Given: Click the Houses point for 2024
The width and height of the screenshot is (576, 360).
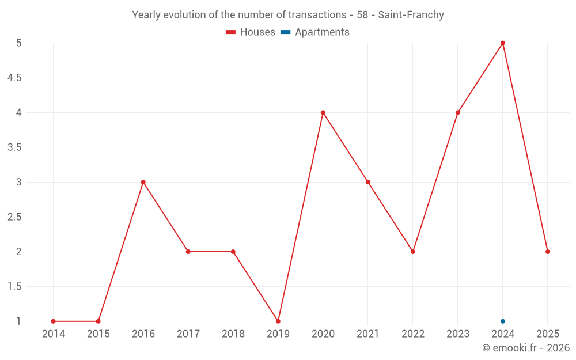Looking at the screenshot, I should pos(503,43).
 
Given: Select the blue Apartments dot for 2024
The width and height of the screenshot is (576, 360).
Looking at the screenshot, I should pos(503,321).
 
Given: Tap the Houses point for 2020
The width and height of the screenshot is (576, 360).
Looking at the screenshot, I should pos(323,112).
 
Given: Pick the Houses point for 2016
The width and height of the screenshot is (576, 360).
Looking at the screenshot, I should pos(143,182).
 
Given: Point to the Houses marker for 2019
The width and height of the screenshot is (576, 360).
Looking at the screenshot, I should pos(278,321).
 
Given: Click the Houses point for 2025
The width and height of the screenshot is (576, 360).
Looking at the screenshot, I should pos(548,252).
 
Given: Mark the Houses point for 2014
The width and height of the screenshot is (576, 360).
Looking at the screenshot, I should pos(54,321).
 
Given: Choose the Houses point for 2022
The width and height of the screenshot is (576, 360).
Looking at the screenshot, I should pos(413,252).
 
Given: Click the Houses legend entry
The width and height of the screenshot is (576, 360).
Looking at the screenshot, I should pos(251,32).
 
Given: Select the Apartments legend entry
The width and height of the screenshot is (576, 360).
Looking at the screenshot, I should pos(315,32).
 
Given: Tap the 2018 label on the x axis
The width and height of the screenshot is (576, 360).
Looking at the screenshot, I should pos(233,334).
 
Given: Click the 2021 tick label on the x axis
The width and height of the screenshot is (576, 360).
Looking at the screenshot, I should pos(368,334).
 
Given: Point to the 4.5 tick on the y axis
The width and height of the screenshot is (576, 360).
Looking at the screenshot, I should pos(14,78).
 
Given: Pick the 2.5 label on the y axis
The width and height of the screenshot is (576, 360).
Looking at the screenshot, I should pos(14,217).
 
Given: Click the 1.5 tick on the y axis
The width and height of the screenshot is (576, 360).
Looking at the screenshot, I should pos(14,287).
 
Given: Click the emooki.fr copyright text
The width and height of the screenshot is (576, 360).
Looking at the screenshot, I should pos(526,348).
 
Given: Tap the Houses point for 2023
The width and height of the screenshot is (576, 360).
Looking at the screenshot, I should pos(458,112).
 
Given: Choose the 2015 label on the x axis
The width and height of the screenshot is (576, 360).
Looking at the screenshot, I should pos(98,334).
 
